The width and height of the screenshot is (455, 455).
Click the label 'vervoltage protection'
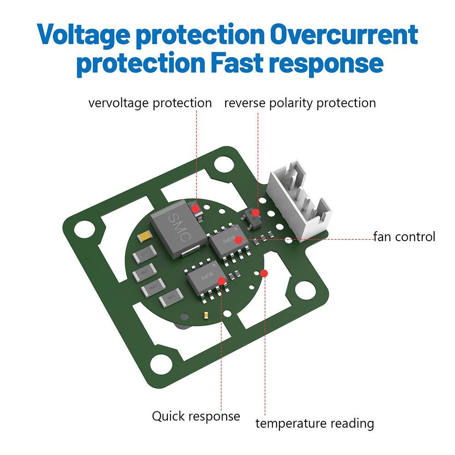pos(150,103)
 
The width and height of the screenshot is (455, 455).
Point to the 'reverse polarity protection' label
pos(300,103)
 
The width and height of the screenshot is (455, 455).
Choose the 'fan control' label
pos(404,237)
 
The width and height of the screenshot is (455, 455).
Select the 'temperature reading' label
pos(314,423)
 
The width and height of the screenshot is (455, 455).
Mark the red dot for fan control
pos(239,240)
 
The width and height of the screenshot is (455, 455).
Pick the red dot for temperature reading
pos(264,273)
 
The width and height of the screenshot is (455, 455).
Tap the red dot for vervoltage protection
pos(196,208)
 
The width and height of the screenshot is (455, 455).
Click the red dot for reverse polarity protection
pos(256,212)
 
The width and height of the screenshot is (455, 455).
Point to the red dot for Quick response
pos(222,281)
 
